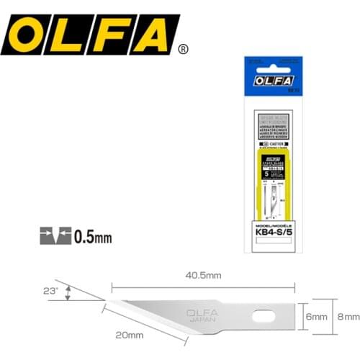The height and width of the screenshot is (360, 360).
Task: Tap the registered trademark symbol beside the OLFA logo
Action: pos(184,50)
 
